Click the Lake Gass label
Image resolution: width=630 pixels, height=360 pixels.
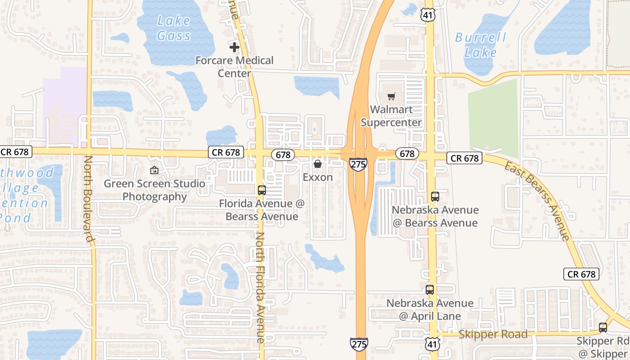pyautogui.click(x=174, y=28)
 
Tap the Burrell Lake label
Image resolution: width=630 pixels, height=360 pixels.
pyautogui.click(x=481, y=45)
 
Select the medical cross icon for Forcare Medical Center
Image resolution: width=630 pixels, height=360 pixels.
pyautogui.click(x=234, y=47)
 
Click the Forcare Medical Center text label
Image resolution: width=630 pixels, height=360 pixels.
pyautogui.click(x=234, y=67)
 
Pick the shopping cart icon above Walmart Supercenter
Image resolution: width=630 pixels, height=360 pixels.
pyautogui.click(x=391, y=96)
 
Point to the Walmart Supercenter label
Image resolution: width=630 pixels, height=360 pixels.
pyautogui.click(x=391, y=116)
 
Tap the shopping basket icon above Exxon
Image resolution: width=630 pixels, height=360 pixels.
pyautogui.click(x=318, y=164)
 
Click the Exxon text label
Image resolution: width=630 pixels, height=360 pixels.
pyautogui.click(x=318, y=177)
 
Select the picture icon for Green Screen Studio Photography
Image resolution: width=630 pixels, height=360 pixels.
pyautogui.click(x=154, y=170)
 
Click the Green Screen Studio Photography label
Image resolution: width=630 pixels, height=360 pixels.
pyautogui.click(x=154, y=190)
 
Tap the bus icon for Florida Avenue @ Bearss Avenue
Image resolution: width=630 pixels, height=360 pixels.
pyautogui.click(x=262, y=190)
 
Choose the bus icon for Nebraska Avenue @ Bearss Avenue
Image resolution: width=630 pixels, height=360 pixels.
pyautogui.click(x=435, y=197)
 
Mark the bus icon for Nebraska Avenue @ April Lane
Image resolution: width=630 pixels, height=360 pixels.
pyautogui.click(x=430, y=290)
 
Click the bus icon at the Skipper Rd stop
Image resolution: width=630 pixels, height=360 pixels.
pyautogui.click(x=603, y=328)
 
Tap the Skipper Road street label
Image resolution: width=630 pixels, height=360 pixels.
pyautogui.click(x=493, y=334)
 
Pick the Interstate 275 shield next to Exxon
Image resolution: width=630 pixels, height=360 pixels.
pyautogui.click(x=358, y=164)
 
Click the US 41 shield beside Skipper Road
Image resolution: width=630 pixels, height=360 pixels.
pyautogui.click(x=432, y=344)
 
